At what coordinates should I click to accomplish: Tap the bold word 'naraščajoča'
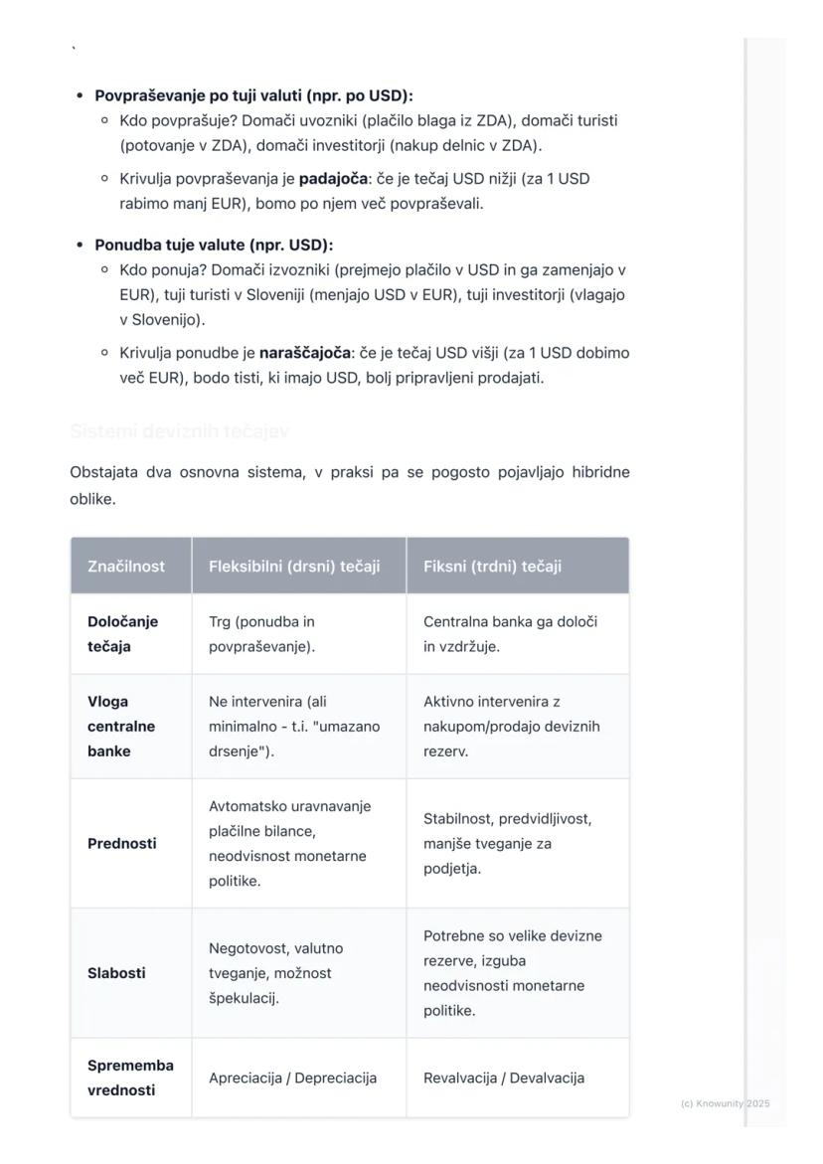point(305,353)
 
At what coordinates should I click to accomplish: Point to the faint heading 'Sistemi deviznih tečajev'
point(180,431)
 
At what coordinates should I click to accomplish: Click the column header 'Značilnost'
point(126,567)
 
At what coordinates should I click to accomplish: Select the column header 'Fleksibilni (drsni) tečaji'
point(294,567)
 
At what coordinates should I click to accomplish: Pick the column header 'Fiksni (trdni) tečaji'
point(492,567)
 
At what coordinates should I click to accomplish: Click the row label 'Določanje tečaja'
point(122,634)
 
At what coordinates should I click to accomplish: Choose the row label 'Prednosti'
point(122,844)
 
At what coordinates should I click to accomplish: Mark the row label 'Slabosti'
point(116,974)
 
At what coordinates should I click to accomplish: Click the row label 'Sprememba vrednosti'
point(130,1078)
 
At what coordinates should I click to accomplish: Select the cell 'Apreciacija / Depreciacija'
point(292,1079)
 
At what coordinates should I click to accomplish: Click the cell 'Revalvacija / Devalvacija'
point(504,1079)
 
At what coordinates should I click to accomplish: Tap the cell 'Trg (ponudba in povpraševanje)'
point(260,634)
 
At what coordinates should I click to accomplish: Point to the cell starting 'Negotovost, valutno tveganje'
point(275,973)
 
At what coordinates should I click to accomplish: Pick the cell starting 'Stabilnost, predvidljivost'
point(507,844)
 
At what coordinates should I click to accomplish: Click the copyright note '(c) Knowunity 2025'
point(725,1104)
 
